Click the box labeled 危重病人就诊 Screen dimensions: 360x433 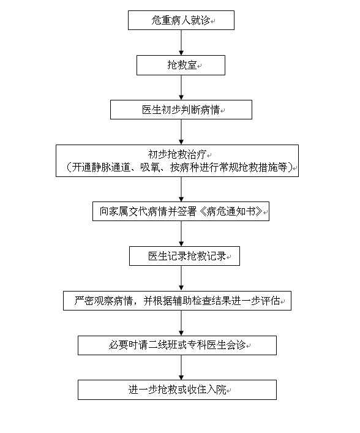[181, 20]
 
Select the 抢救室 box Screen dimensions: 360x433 [181, 65]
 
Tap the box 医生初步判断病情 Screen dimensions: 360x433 [181, 110]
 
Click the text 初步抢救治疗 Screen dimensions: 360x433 [177, 154]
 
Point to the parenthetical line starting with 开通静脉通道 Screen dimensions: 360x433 [179, 167]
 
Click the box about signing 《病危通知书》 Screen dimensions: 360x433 [181, 211]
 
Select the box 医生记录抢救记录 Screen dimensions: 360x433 [184, 256]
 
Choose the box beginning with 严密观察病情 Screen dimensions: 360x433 [177, 301]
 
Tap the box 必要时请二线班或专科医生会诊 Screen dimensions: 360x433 [177, 345]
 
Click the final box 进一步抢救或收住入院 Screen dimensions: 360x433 [177, 390]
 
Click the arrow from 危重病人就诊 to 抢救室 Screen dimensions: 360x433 [181, 42]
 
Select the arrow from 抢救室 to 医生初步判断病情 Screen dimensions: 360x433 [181, 88]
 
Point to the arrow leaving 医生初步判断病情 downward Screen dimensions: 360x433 [181, 132]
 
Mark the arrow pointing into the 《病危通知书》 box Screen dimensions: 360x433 [181, 189]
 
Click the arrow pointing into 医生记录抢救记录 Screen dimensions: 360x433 [181, 233]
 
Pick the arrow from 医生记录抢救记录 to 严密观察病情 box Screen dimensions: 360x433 [181, 278]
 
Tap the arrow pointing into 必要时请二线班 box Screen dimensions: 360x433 [181, 323]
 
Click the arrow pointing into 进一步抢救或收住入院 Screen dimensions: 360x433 [181, 367]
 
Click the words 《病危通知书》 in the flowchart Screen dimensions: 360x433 [230, 211]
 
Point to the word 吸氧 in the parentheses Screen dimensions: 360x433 [150, 167]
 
